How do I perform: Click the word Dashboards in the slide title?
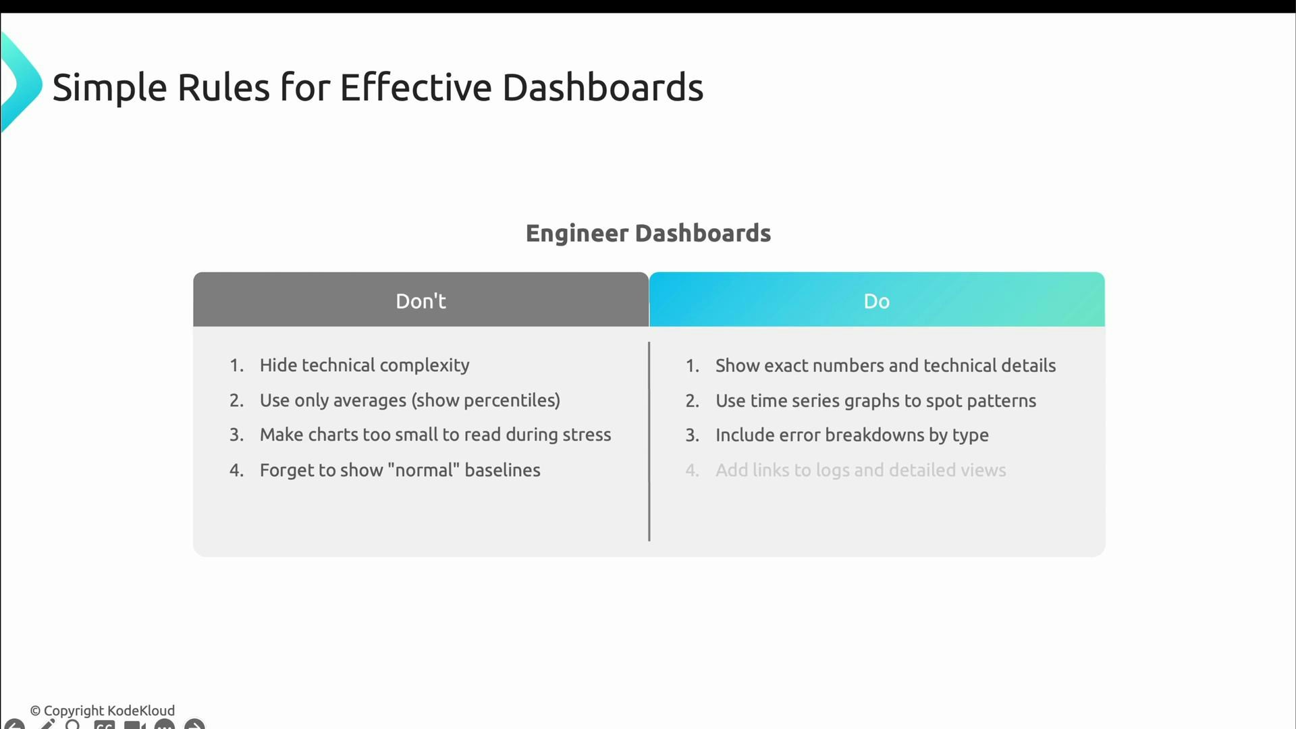(x=602, y=88)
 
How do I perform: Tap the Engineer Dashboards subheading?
(x=648, y=234)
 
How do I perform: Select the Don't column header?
(x=421, y=301)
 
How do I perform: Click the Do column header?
(x=876, y=301)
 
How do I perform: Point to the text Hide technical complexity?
(x=364, y=365)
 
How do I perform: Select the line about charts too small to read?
(x=435, y=435)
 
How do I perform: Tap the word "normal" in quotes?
(x=423, y=470)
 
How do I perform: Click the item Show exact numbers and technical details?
(x=885, y=366)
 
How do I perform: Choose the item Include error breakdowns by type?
(x=852, y=435)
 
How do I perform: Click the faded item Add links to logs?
(x=861, y=470)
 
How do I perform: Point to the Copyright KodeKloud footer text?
(x=103, y=711)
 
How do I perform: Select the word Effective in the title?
(x=416, y=88)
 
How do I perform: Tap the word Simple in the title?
(x=109, y=88)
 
